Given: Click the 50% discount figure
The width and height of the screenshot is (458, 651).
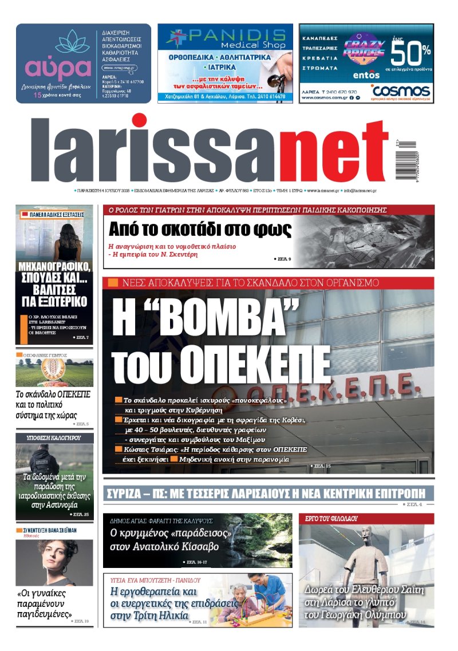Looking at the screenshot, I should tap(410, 56).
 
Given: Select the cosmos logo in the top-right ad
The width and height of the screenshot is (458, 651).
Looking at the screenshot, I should tap(400, 90).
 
